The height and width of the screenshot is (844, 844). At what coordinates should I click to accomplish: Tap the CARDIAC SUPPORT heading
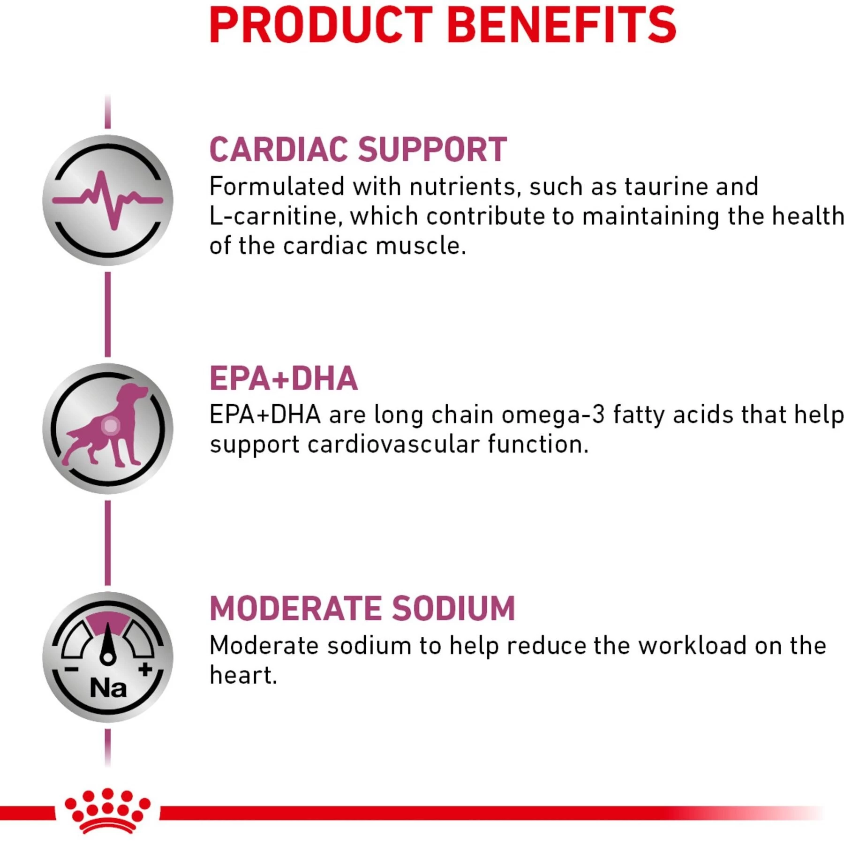(358, 150)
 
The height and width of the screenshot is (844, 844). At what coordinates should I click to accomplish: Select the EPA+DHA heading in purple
(284, 378)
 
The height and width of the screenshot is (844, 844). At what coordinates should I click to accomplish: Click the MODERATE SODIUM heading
(362, 608)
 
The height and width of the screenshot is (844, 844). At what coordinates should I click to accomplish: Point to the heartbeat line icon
(108, 200)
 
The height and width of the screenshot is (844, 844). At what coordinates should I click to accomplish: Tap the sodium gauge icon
(108, 657)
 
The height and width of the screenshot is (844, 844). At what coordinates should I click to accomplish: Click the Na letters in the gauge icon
(108, 688)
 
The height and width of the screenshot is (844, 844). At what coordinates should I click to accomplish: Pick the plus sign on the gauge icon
(145, 669)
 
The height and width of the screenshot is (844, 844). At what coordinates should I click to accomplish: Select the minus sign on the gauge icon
(71, 669)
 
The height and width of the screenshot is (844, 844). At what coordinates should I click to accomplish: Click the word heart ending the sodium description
(241, 675)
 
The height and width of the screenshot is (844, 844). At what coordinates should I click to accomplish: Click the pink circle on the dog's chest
(111, 426)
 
